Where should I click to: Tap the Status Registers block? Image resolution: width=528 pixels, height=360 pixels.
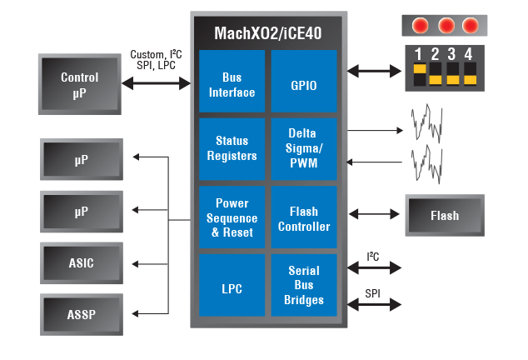[x=232, y=149]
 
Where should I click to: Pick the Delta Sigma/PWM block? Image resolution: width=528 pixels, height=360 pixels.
[x=304, y=149]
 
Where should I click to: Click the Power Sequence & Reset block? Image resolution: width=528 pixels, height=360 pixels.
[x=232, y=217]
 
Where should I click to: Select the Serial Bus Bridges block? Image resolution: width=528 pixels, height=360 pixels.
[x=304, y=286]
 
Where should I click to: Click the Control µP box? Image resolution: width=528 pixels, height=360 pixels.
[x=80, y=83]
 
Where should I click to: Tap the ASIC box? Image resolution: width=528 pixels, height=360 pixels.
[x=81, y=263]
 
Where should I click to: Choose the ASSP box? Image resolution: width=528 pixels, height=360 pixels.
[x=81, y=314]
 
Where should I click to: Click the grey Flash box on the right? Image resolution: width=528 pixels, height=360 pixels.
[x=445, y=216]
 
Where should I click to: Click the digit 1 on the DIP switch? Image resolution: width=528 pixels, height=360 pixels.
[x=418, y=54]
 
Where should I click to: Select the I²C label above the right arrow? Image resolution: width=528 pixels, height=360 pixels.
[x=373, y=257]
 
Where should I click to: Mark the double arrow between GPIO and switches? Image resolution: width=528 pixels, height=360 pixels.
[x=374, y=72]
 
